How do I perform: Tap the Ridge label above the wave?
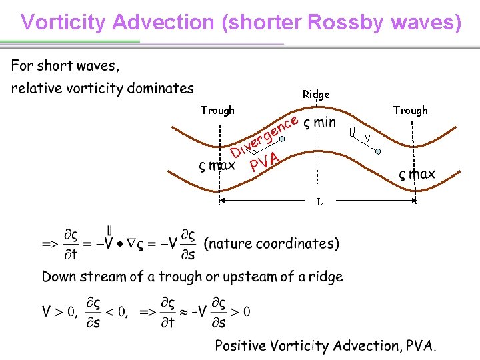pyautogui.click(x=316, y=95)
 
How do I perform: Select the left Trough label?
pyautogui.click(x=217, y=111)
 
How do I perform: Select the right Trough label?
pyautogui.click(x=410, y=111)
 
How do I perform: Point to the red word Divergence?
pyautogui.click(x=263, y=136)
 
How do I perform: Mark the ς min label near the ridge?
pyautogui.click(x=319, y=123)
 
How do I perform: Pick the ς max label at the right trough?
pyautogui.click(x=417, y=174)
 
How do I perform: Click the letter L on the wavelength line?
pyautogui.click(x=319, y=201)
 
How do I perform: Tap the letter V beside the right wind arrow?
pyautogui.click(x=367, y=139)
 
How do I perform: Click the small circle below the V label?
pyautogui.click(x=377, y=151)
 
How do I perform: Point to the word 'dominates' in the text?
pyautogui.click(x=160, y=88)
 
